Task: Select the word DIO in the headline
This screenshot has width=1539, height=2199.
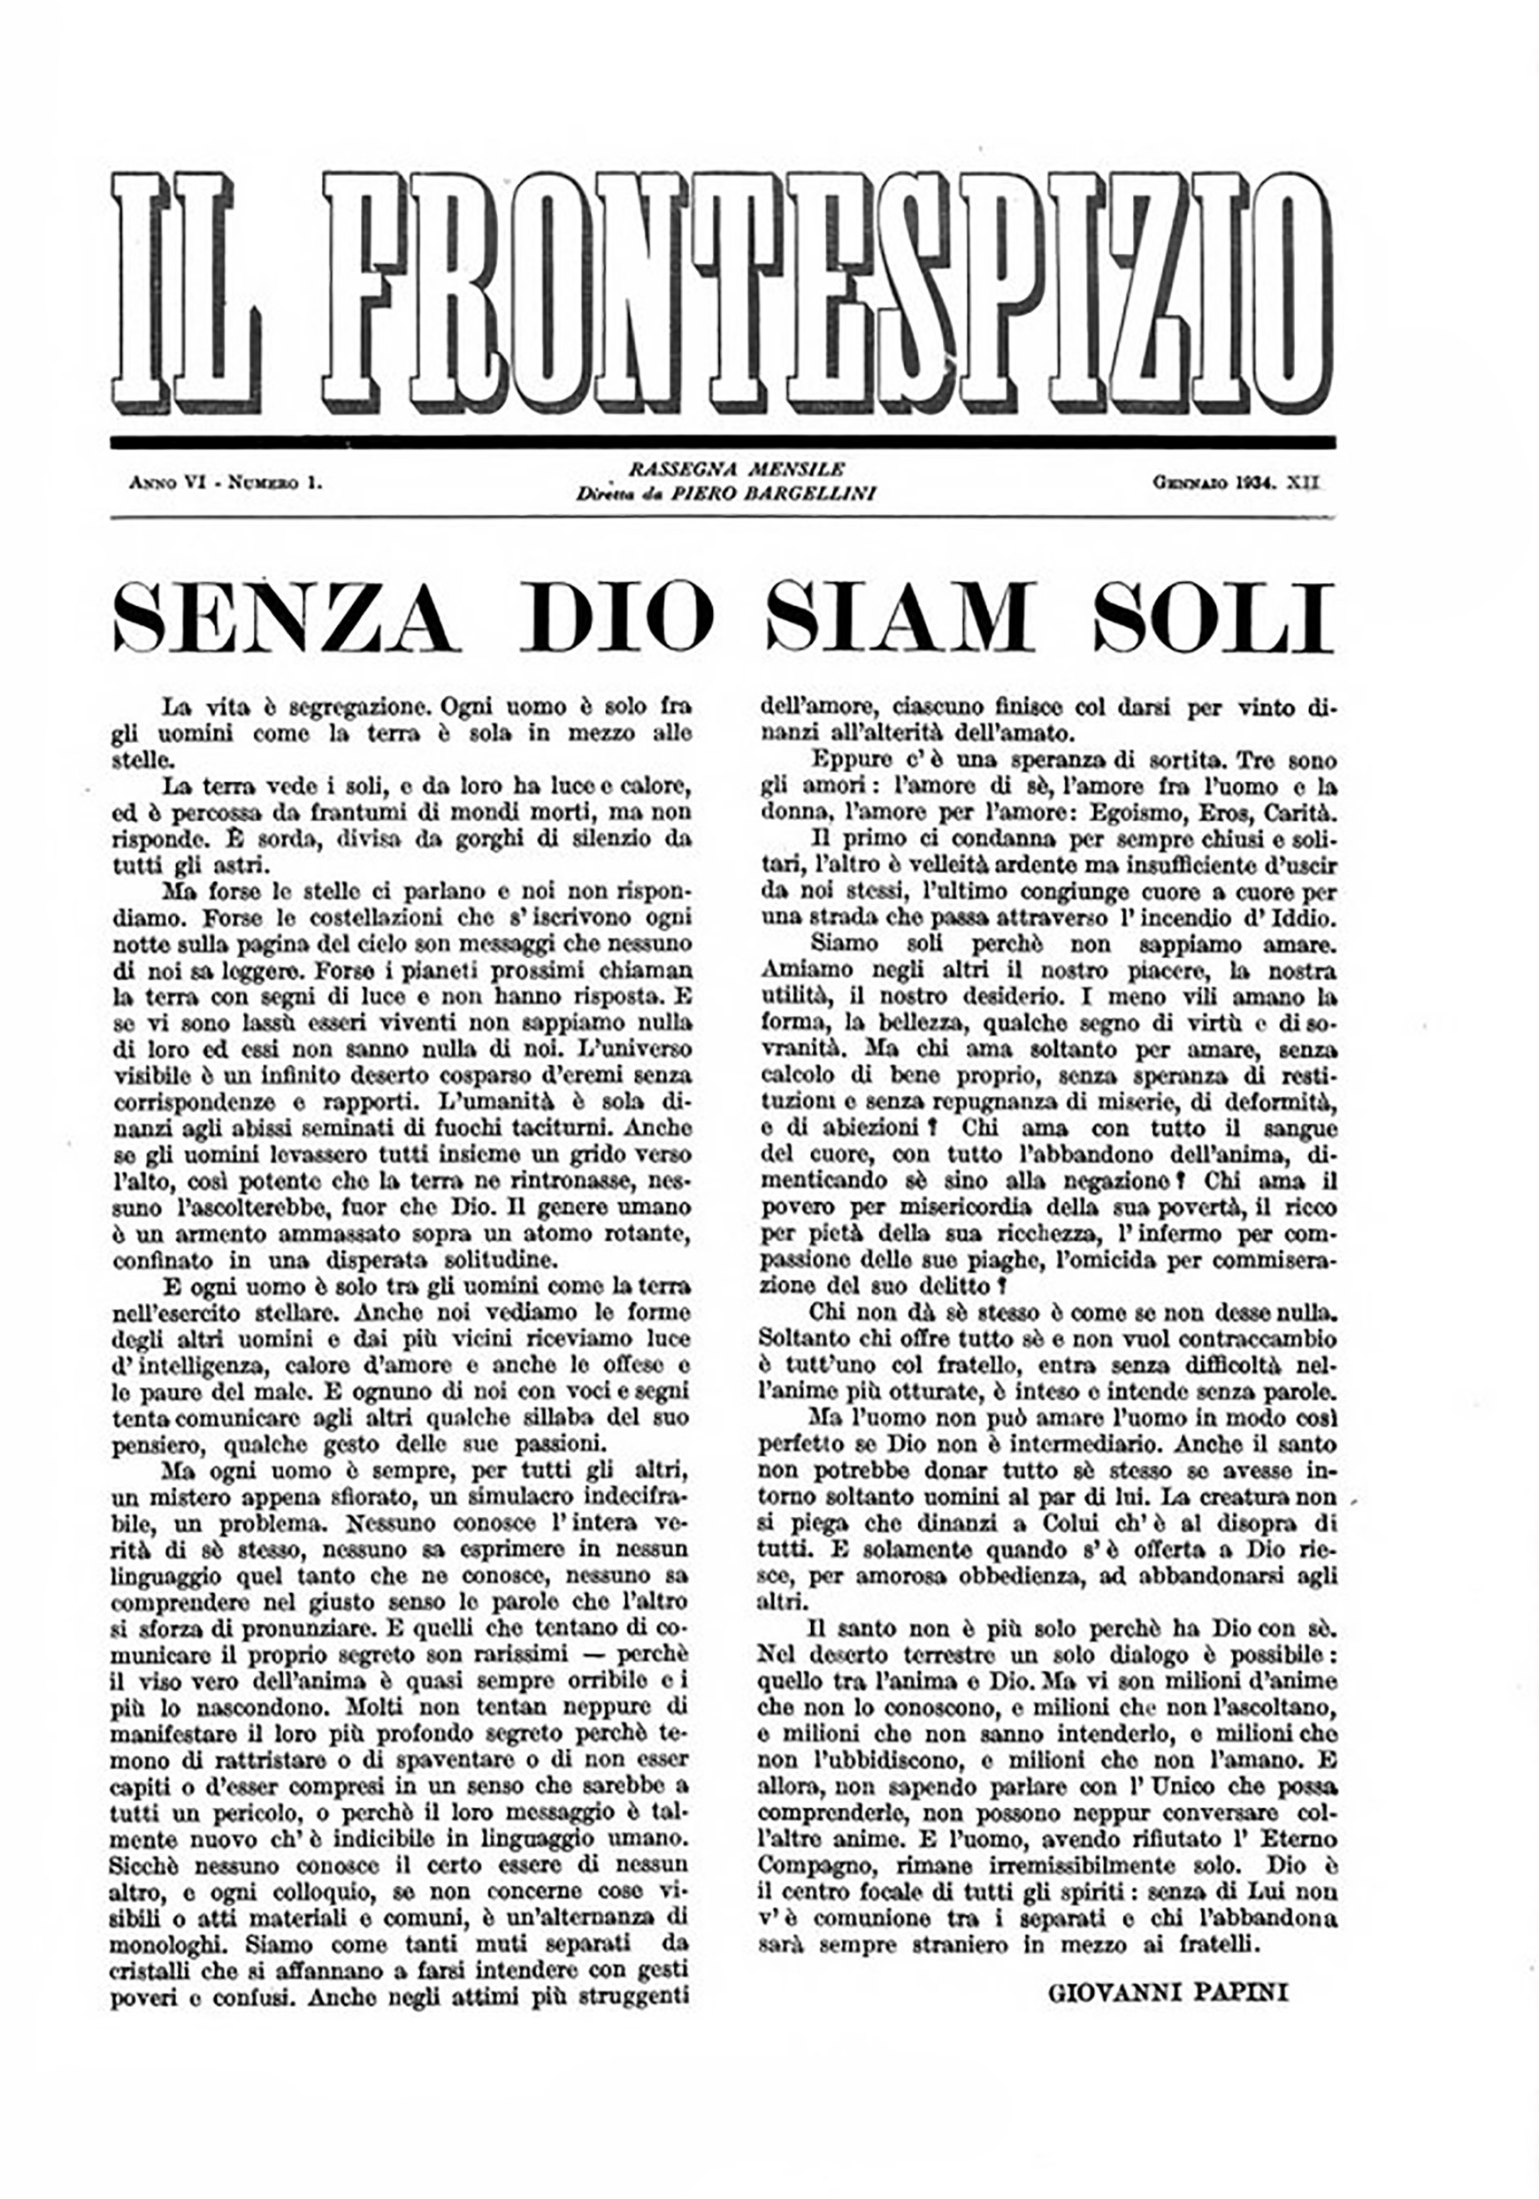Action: (617, 617)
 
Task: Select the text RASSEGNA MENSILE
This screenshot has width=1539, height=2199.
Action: (737, 470)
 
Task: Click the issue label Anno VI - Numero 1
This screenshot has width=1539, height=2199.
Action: (225, 483)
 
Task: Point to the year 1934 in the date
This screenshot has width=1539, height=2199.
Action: (1258, 483)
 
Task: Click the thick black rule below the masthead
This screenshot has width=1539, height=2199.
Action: (723, 442)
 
